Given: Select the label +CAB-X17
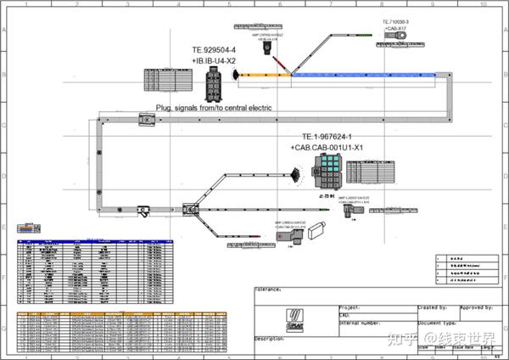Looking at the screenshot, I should point(395,27).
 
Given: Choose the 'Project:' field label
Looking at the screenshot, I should point(350,307).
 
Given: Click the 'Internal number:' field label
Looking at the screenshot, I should point(360,323).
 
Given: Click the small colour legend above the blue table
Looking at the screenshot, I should point(29,228).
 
